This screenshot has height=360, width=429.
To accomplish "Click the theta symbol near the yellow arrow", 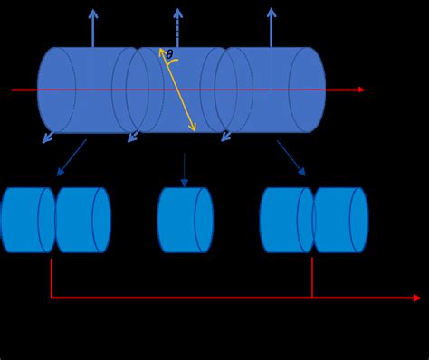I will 169,55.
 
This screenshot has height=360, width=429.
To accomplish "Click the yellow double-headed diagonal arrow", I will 177,90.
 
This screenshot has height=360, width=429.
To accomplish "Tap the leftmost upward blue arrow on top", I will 92,27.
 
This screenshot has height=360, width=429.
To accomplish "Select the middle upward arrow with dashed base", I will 177,27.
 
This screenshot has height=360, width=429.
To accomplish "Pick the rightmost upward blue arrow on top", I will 271,27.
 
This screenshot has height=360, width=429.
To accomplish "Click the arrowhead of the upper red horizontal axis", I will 361,90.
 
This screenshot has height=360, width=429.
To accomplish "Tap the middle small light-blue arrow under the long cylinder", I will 133,137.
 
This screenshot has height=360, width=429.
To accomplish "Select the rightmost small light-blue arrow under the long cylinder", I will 226,137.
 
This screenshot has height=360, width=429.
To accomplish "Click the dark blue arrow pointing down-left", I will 71,157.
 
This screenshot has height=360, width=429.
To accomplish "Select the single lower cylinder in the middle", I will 185,220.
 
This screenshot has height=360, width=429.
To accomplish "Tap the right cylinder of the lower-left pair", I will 82,220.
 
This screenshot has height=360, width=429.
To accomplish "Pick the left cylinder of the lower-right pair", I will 286,220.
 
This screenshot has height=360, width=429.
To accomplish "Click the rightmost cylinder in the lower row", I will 340,220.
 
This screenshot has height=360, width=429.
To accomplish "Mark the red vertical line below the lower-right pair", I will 312,277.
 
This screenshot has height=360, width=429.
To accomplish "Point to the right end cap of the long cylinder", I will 308,90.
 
